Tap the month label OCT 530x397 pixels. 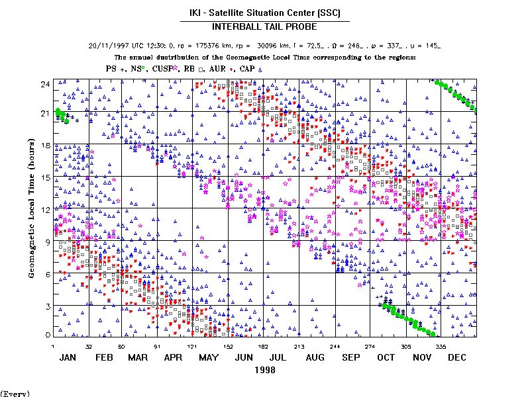(386, 357)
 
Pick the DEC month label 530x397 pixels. (457, 357)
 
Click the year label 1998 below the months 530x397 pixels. (265, 370)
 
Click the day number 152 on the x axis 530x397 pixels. (228, 346)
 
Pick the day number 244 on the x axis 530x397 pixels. (336, 346)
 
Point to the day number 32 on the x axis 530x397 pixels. (89, 346)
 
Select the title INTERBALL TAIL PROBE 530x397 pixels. (264, 26)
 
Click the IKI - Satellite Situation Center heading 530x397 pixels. (264, 13)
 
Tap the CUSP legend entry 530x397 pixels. (164, 68)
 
